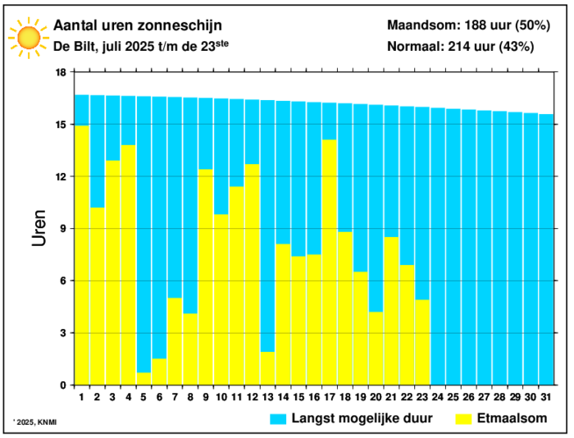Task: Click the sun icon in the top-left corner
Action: click(28, 37)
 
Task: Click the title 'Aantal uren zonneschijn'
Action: click(138, 25)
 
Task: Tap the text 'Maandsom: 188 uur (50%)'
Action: click(468, 25)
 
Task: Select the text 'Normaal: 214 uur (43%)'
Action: click(461, 47)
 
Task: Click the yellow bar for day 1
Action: click(82, 255)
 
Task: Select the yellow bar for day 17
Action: click(330, 262)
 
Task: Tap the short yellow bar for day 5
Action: click(143, 379)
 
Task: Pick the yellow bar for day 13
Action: click(267, 368)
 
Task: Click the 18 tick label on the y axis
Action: click(60, 72)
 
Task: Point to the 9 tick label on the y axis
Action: click(63, 229)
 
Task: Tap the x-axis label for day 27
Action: click(484, 396)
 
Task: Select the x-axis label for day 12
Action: click(252, 396)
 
